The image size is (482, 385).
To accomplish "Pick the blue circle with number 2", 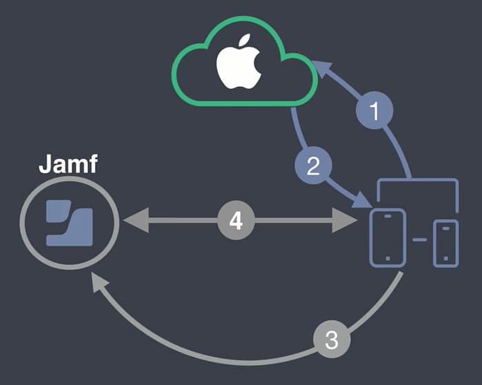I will point(312,166).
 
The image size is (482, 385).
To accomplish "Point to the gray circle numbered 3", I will point(332,340).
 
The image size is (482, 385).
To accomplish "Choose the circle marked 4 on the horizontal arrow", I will point(236,221).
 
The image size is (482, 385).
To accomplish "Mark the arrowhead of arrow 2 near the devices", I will point(364,201).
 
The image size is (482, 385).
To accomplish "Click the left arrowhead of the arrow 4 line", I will point(131,221).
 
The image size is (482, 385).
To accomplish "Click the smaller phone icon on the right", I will point(445,243).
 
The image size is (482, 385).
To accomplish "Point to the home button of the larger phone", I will point(388,259).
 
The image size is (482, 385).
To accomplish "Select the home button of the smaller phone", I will point(445,259).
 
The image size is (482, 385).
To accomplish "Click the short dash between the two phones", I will point(419,240).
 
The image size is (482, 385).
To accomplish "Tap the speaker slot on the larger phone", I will point(388,215).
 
